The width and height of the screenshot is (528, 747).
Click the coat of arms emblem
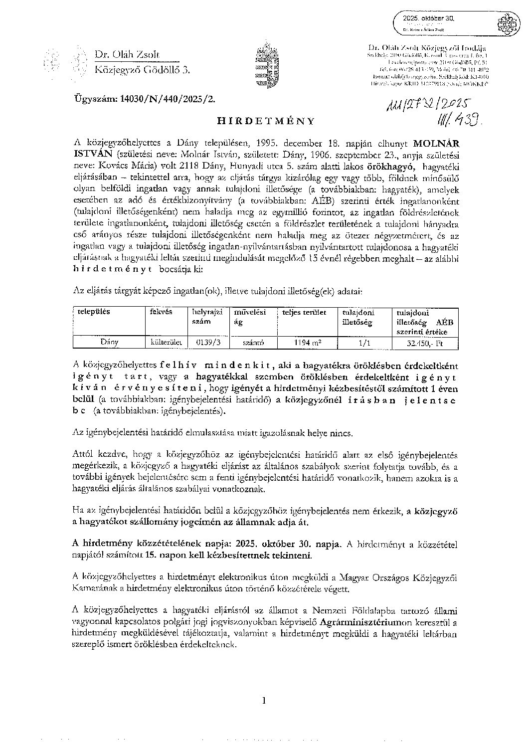263,66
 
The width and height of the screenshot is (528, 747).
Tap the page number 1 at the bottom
265,701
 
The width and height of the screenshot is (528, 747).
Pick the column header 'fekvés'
161,312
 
